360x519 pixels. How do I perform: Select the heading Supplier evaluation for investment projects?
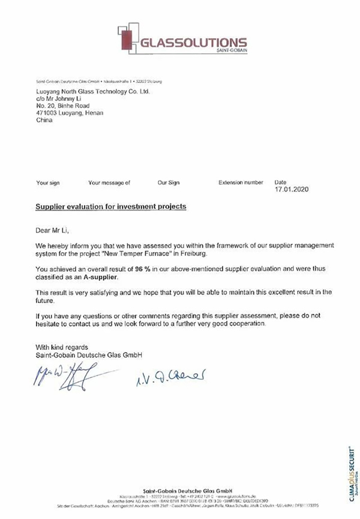point(111,206)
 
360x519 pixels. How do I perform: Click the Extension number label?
point(241,181)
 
